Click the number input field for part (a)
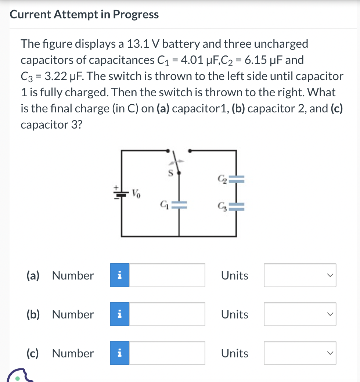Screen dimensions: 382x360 [x=167, y=275]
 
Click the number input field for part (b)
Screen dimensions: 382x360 [x=167, y=314]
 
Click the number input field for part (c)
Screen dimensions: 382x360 [x=167, y=353]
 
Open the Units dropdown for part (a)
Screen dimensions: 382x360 [x=300, y=275]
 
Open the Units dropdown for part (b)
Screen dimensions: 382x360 [x=300, y=314]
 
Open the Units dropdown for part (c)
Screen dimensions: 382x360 [x=300, y=353]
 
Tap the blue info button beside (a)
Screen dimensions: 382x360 [x=119, y=275]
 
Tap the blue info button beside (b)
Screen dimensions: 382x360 [x=119, y=314]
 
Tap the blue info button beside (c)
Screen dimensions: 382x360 [x=119, y=353]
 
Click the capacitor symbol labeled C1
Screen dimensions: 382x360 [x=179, y=205]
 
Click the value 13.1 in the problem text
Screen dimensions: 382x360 [x=137, y=44]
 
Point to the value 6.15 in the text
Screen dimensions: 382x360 [x=257, y=60]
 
